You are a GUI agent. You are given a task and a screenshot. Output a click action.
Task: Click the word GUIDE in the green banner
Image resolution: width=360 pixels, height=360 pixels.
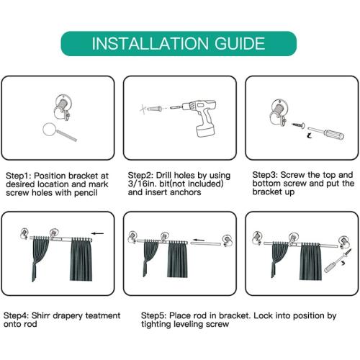point(240,43)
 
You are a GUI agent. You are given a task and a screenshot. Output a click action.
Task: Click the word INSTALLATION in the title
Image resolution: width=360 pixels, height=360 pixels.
point(150,43)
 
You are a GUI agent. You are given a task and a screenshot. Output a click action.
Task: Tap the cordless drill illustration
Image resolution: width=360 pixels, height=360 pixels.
point(194,117)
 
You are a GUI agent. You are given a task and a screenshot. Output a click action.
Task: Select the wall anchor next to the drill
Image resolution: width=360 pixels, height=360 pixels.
point(154,109)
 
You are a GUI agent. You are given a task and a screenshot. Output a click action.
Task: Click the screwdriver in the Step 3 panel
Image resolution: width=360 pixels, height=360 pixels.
point(326,132)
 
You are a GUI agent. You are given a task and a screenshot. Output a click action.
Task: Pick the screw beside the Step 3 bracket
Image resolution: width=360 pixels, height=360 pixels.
point(298,125)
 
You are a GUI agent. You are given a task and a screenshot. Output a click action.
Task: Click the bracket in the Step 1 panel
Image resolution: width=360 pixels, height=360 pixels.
point(62,107)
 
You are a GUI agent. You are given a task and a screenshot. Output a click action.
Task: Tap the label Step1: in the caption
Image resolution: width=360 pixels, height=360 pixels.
point(19,176)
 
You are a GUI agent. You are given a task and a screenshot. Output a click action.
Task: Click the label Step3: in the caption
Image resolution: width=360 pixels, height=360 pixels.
point(265,175)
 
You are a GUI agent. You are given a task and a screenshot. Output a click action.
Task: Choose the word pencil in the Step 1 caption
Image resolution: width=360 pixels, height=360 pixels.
point(86,193)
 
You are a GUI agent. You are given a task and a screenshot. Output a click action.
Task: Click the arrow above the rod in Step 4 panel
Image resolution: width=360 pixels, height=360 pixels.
point(98,233)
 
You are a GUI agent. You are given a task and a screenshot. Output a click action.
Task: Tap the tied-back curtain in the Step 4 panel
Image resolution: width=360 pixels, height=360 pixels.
point(40,258)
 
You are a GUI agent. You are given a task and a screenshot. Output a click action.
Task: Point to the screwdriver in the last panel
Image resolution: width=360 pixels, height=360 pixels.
point(338,261)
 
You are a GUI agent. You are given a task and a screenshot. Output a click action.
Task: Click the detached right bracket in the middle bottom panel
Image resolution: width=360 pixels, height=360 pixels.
point(227,240)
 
